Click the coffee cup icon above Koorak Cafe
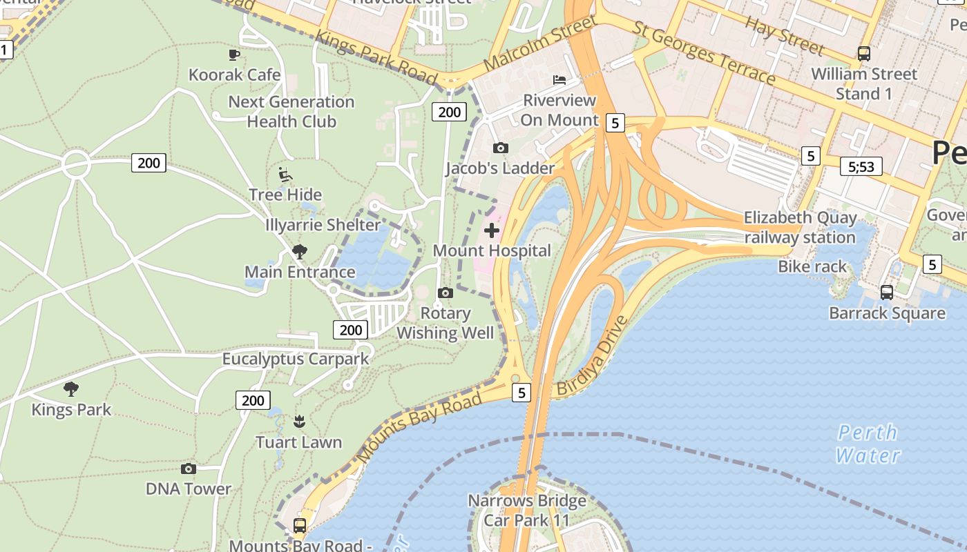(x=234, y=55)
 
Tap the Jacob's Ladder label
(x=500, y=168)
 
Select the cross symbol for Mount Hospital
(x=492, y=230)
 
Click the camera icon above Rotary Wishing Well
(x=446, y=293)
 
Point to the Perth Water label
(x=868, y=444)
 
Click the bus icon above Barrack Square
(x=887, y=293)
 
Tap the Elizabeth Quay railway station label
(x=800, y=228)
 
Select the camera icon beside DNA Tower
(x=189, y=469)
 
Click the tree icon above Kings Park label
(x=71, y=389)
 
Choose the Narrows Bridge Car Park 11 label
(x=527, y=510)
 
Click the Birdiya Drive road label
(x=592, y=356)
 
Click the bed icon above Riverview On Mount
(x=559, y=80)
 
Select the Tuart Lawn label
(x=298, y=442)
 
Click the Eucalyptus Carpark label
(x=296, y=359)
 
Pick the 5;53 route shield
(x=861, y=166)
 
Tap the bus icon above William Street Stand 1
(x=863, y=53)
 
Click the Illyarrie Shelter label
(x=323, y=225)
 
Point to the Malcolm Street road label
(x=539, y=44)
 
